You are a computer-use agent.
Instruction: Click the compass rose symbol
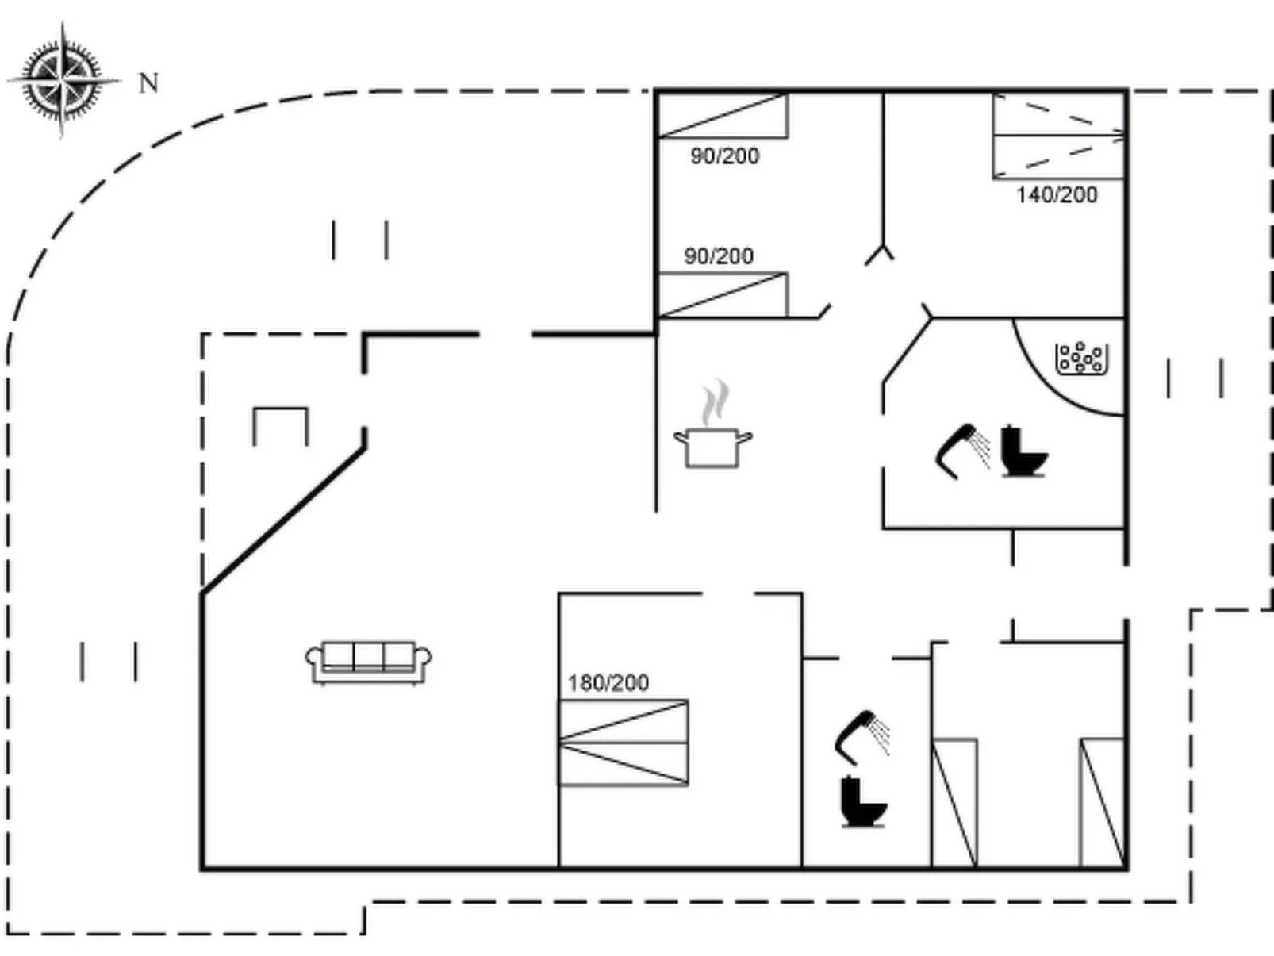(x=63, y=80)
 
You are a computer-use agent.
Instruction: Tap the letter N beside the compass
(x=149, y=83)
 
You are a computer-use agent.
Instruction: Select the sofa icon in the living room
(x=369, y=663)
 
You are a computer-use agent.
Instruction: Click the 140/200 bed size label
(x=1057, y=195)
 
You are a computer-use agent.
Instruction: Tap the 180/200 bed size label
(x=608, y=682)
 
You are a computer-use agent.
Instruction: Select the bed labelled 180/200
(x=624, y=743)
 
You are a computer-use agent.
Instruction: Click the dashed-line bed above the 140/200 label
(x=1059, y=136)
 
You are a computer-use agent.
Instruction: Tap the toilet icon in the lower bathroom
(x=864, y=801)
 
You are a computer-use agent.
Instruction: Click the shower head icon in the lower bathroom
(x=862, y=737)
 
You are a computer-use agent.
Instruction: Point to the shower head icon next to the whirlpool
(x=963, y=451)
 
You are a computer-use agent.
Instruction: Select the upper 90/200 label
(x=725, y=156)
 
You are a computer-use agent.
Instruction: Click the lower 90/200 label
(x=719, y=256)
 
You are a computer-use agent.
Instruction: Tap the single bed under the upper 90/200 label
(x=723, y=116)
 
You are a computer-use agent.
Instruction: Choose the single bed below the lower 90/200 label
(x=723, y=295)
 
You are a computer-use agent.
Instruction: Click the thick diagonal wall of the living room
(x=283, y=520)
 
